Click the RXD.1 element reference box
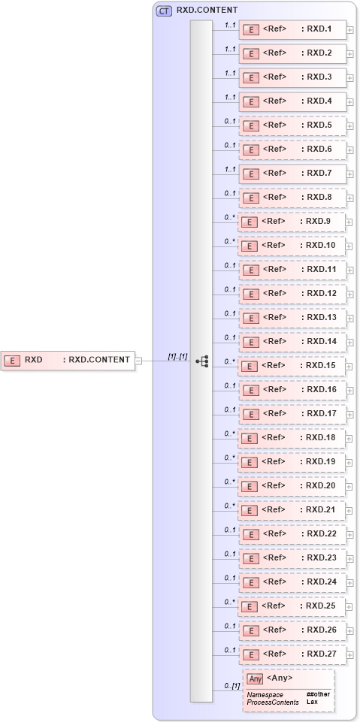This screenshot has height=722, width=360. (293, 30)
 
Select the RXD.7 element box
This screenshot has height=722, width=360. (293, 174)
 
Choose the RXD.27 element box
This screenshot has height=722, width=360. (293, 654)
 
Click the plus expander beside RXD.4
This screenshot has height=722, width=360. (350, 102)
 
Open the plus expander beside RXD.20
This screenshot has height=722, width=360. (350, 487)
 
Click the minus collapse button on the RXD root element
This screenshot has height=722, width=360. (138, 360)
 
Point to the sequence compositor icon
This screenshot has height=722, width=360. (201, 361)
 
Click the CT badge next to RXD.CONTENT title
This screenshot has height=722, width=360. (163, 11)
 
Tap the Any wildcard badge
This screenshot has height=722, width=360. (255, 678)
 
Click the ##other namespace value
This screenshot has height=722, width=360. (317, 694)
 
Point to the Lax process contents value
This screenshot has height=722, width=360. (311, 702)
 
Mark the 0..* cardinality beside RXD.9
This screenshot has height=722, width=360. (229, 217)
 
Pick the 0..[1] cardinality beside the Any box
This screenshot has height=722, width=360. (231, 687)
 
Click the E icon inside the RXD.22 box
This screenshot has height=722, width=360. (253, 534)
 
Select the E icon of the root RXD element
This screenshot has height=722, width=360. (12, 361)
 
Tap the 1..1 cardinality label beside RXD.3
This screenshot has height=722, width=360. (229, 73)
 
